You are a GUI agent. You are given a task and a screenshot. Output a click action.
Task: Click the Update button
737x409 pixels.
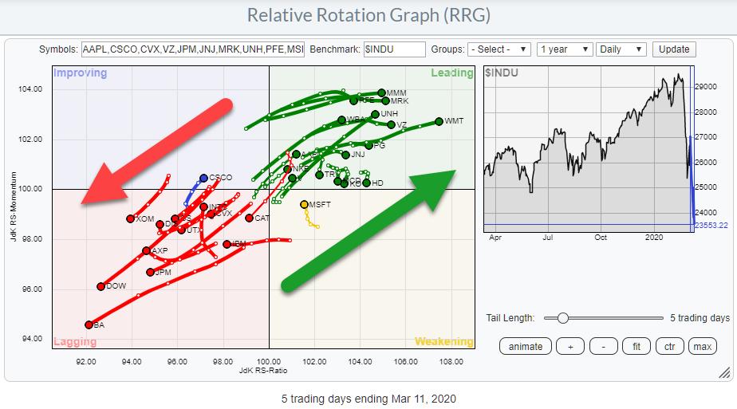[674, 49]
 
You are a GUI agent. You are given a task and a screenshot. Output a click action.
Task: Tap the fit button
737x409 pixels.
[636, 346]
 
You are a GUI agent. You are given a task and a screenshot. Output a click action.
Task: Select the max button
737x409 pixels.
[702, 346]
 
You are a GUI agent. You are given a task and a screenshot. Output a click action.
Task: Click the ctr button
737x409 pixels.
[669, 346]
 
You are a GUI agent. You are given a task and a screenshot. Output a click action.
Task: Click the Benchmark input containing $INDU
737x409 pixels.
[394, 49]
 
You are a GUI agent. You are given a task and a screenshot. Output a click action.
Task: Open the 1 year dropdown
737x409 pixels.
[564, 49]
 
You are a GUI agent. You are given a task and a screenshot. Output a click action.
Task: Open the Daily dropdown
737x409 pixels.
[621, 49]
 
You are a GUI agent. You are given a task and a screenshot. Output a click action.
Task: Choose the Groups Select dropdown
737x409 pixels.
[499, 49]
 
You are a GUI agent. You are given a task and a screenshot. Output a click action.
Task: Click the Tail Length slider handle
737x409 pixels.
[563, 318]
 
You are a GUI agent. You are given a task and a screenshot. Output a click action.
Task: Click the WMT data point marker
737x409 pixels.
[439, 121]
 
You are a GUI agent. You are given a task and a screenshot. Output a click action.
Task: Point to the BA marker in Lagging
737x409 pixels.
[89, 324]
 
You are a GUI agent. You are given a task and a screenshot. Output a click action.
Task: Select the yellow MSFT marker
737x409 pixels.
[304, 204]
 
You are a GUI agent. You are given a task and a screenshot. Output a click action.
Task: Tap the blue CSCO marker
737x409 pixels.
[203, 178]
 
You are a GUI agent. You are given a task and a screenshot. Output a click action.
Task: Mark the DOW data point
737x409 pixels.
[100, 286]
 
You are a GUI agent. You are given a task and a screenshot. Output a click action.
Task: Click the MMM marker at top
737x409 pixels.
[381, 93]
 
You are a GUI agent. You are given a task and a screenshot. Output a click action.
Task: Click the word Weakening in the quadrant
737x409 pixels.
[443, 342]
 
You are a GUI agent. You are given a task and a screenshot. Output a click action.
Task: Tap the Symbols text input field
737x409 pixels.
[192, 49]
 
